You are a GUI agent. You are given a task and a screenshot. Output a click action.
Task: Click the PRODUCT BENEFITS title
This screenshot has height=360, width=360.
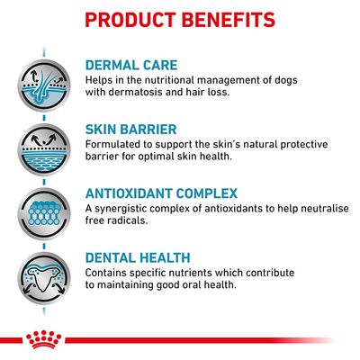coord(180,19)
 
